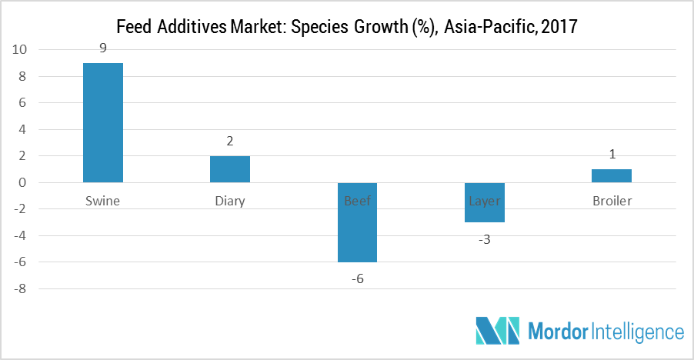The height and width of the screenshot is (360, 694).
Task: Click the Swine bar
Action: pos(103,122)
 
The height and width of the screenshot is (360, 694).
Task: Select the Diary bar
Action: pos(230,169)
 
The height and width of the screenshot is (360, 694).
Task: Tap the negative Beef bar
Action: pos(357,222)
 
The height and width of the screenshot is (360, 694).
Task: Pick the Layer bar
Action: pos(484,202)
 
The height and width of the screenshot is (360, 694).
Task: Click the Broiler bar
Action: pos(612,176)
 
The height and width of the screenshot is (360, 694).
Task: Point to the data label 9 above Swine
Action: pos(102,48)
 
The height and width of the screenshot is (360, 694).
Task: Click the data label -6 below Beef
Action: pos(356,278)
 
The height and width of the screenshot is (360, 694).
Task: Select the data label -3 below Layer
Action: pos(484,239)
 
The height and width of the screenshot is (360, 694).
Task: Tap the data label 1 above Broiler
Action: pos(612,155)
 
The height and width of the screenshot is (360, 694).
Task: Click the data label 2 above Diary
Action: pos(230,142)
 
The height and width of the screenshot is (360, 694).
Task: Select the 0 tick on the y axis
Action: pos(23,183)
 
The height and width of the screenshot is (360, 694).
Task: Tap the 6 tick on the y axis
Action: pos(23,103)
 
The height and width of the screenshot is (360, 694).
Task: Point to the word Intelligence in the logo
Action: pos(638,332)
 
